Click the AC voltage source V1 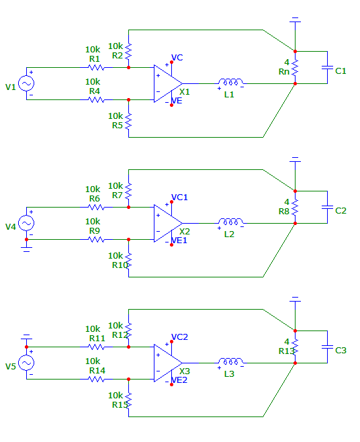[26, 83]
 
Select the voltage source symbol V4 [26, 223]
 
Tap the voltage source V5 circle [26, 363]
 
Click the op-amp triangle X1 [168, 84]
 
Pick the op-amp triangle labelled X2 [168, 223]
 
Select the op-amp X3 [168, 363]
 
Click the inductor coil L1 [230, 82]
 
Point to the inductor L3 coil [230, 361]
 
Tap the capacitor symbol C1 [327, 68]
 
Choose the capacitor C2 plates [327, 207]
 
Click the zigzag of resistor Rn [295, 68]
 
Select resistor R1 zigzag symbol [97, 68]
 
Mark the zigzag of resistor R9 [97, 240]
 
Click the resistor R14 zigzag [97, 379]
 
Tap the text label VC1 [179, 197]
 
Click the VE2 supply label [179, 380]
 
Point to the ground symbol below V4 [26, 249]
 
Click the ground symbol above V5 [26, 337]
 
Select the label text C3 [341, 351]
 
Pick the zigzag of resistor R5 [128, 121]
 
